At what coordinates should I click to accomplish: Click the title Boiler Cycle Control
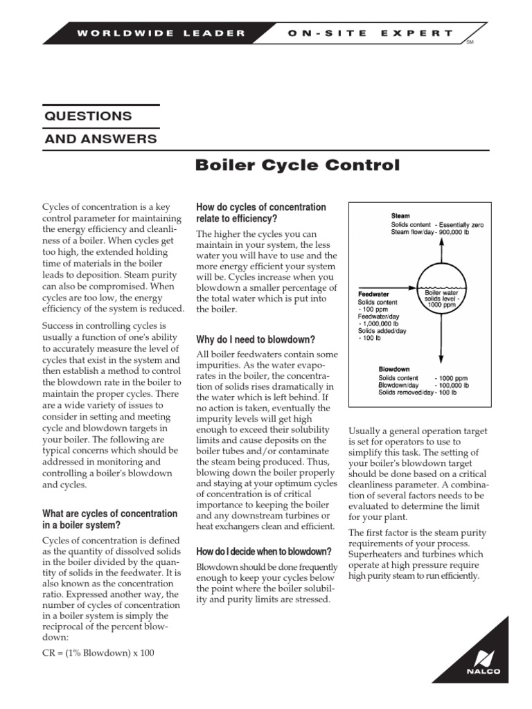click(297, 165)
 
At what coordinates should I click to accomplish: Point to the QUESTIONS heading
click(88, 116)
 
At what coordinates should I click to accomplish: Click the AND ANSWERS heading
click(100, 139)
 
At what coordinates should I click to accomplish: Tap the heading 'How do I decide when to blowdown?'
click(263, 551)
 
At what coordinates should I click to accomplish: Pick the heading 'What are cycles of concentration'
click(110, 519)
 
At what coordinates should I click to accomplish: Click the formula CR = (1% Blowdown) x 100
click(98, 653)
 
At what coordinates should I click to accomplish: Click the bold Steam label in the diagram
click(400, 215)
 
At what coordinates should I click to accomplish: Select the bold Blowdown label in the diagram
click(394, 368)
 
